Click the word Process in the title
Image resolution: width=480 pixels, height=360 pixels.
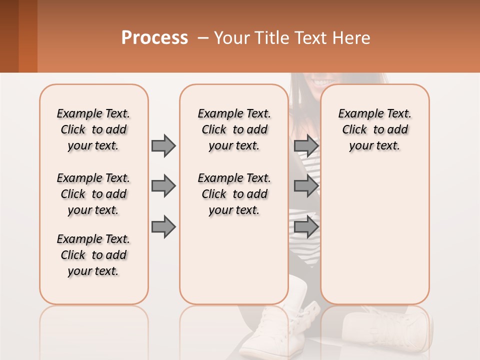click(x=154, y=38)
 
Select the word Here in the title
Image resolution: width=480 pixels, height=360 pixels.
click(x=352, y=38)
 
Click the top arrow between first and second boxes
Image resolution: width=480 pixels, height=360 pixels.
click(x=163, y=145)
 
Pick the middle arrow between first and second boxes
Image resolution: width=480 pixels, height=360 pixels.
click(x=163, y=186)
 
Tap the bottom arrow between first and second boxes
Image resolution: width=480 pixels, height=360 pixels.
click(x=163, y=227)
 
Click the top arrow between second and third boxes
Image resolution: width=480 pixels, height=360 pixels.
click(x=306, y=145)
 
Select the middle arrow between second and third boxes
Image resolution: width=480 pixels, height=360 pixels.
click(x=306, y=186)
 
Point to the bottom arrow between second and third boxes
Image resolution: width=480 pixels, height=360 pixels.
click(x=306, y=227)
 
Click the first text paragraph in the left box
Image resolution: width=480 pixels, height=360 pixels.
click(x=93, y=129)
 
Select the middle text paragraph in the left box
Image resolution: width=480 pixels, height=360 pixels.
click(x=93, y=194)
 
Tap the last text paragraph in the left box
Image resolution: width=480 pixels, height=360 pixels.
click(x=93, y=255)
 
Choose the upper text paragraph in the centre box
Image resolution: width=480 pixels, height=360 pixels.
click(x=234, y=129)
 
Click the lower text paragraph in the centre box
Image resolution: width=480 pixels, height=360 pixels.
click(x=234, y=194)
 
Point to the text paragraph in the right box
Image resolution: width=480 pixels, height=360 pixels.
click(x=374, y=129)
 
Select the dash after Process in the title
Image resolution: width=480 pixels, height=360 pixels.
click(x=203, y=38)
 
